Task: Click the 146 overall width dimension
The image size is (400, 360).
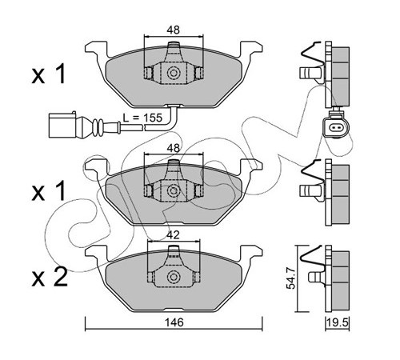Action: tap(174, 322)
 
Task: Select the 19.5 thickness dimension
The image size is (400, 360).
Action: tap(338, 323)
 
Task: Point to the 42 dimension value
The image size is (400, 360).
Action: tap(173, 234)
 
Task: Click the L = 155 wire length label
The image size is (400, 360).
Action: tap(142, 118)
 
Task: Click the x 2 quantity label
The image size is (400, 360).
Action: tap(50, 278)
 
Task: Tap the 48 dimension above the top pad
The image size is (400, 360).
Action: tap(174, 30)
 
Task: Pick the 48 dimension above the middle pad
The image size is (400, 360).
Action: tap(174, 148)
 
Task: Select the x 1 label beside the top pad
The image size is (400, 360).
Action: tap(49, 75)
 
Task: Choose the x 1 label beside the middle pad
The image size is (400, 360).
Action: tap(49, 191)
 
